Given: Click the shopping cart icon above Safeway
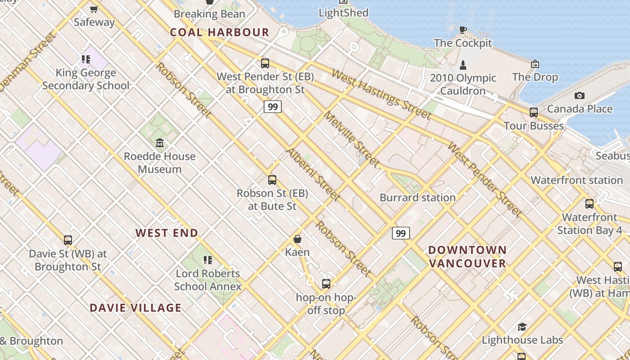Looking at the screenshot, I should click(x=94, y=9).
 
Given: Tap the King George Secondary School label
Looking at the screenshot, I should click(x=86, y=79).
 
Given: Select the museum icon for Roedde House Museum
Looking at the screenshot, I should click(x=160, y=143).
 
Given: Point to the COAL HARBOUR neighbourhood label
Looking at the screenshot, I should click(x=220, y=32).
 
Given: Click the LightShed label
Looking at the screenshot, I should click(x=343, y=13).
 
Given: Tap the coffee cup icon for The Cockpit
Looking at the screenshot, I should click(x=463, y=30).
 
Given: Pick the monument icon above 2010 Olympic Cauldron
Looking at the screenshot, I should click(x=463, y=65).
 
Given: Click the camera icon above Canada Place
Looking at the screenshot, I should click(x=580, y=95).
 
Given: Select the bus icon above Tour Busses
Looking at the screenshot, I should click(x=534, y=112).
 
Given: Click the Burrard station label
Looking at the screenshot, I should click(x=418, y=198).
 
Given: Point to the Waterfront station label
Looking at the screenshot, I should click(x=576, y=180).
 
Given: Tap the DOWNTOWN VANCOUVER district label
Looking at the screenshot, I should click(x=468, y=256).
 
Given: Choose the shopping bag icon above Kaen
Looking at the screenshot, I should click(x=297, y=238).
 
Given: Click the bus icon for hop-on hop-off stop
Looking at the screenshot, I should click(x=326, y=284).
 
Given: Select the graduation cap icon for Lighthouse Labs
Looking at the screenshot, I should click(x=522, y=327).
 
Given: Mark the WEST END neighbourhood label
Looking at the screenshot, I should click(x=167, y=233).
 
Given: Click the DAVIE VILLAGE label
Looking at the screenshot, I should click(x=135, y=308).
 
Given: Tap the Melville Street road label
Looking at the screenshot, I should click(x=351, y=140).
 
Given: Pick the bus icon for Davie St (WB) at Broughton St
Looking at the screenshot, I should click(x=68, y=240).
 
